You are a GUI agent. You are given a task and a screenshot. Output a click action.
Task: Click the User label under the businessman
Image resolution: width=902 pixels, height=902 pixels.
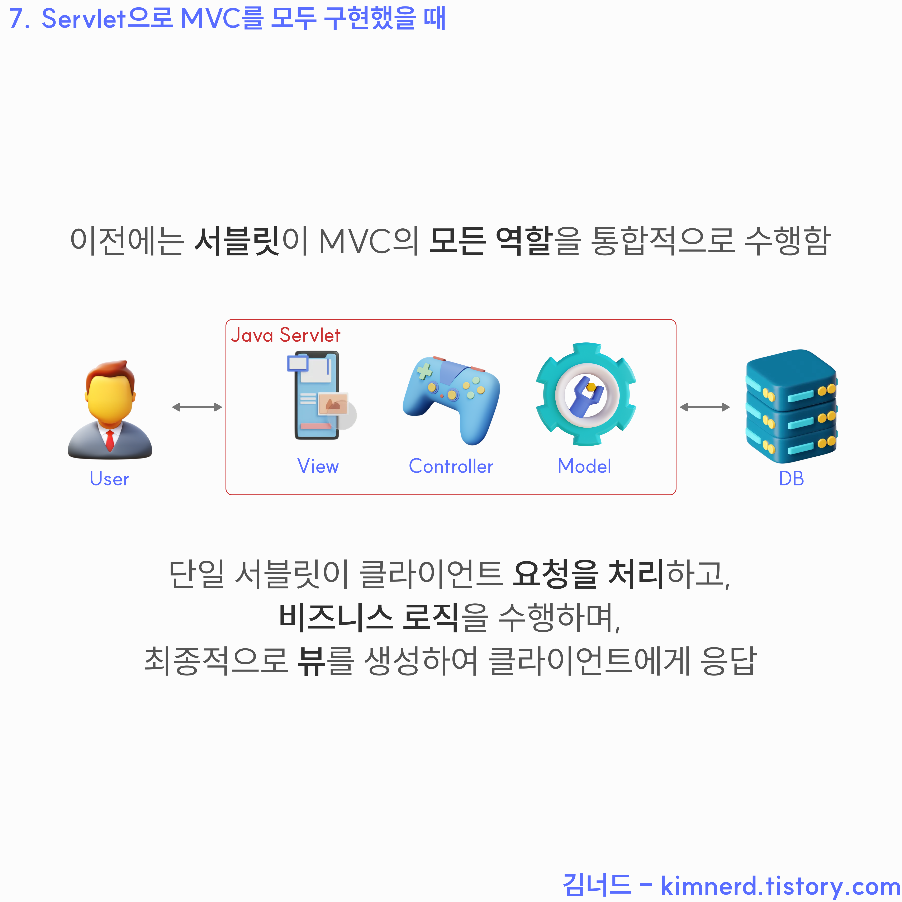coord(109,479)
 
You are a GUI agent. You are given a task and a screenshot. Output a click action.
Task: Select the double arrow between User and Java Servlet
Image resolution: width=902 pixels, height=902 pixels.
coord(196,407)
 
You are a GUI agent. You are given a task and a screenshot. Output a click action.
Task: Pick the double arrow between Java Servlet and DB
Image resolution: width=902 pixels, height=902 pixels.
coord(704,407)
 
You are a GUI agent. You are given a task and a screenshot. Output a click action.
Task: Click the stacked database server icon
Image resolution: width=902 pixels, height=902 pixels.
coord(791,406)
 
